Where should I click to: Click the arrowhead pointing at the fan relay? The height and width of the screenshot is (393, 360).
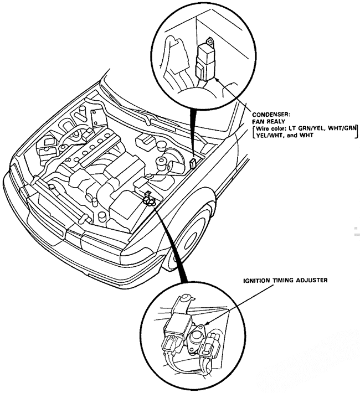point(215,79)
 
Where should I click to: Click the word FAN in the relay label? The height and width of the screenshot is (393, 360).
point(258,122)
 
